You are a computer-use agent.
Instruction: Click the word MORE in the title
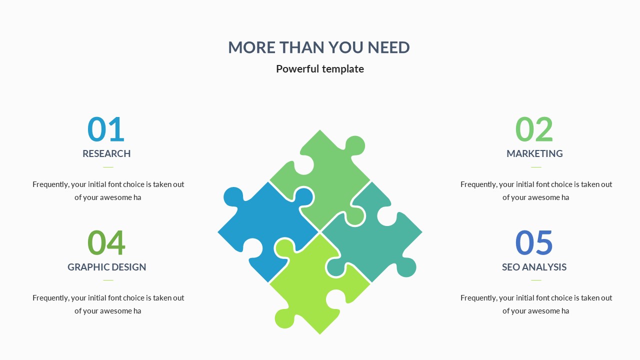[251, 47]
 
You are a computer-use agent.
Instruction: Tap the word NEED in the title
[388, 47]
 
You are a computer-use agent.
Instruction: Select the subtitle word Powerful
[297, 69]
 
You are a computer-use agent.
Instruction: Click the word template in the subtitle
[343, 69]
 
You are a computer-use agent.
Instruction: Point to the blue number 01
[106, 129]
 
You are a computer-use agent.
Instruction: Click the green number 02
[534, 129]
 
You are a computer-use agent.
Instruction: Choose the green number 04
[106, 242]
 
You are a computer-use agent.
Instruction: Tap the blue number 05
[533, 242]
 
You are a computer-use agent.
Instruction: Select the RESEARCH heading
[106, 153]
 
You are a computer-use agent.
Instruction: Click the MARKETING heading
[534, 153]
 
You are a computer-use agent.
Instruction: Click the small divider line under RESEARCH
[108, 167]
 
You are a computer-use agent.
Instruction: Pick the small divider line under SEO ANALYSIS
[536, 280]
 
